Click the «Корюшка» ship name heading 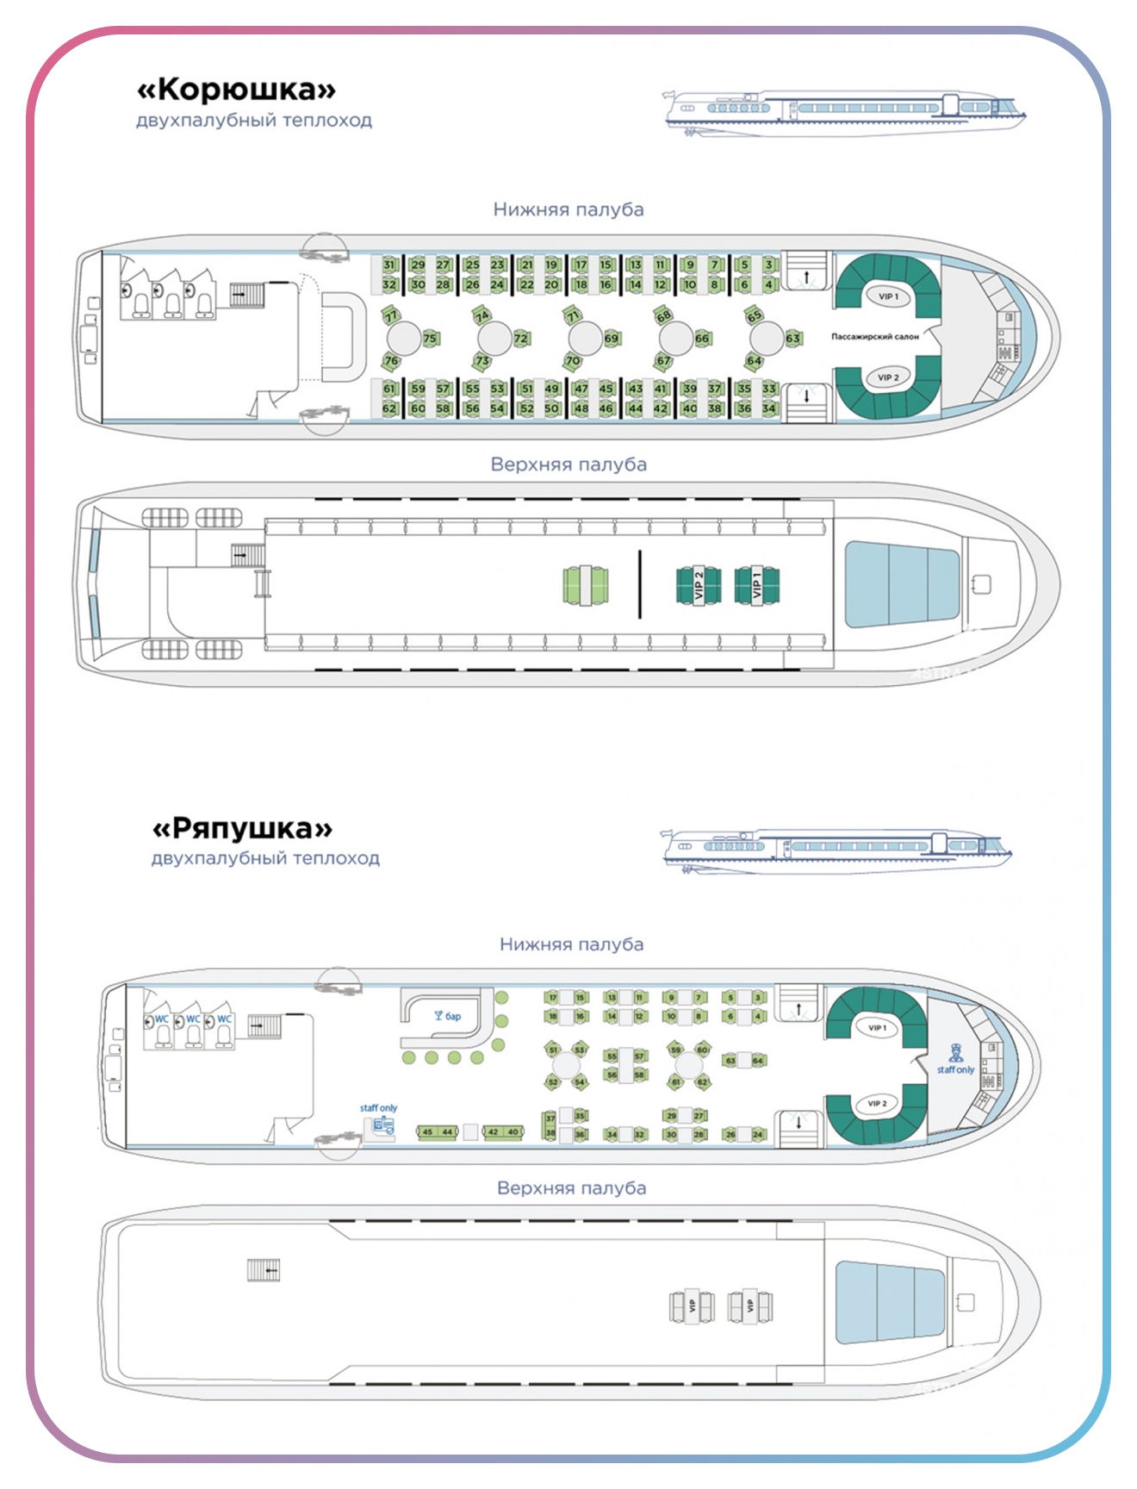(x=236, y=90)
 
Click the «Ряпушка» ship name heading (x=242, y=828)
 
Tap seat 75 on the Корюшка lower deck (x=430, y=339)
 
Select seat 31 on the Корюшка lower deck (x=389, y=265)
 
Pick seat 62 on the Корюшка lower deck (x=389, y=408)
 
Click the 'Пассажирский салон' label (x=874, y=337)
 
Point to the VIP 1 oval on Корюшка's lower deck (x=888, y=296)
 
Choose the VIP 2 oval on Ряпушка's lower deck (x=877, y=1103)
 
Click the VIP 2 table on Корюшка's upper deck (x=699, y=585)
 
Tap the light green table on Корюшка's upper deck (x=586, y=585)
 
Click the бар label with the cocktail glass (x=448, y=1016)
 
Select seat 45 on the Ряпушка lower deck (x=427, y=1132)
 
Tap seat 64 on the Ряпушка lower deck (x=758, y=1061)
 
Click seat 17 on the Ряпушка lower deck (x=552, y=998)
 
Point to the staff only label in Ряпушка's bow (x=955, y=1069)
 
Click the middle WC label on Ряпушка (x=193, y=1019)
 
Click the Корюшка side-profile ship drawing (x=844, y=112)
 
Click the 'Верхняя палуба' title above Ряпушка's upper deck (x=571, y=1187)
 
